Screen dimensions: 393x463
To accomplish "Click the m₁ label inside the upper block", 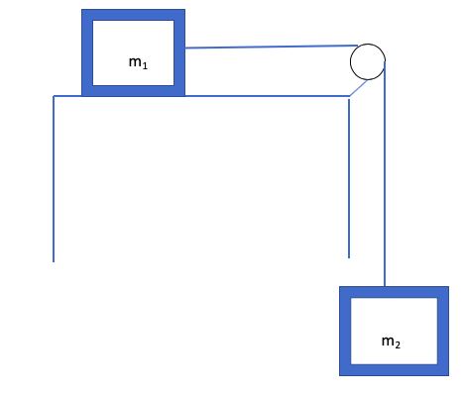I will [x=138, y=62].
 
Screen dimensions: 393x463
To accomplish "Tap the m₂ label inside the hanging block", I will [x=391, y=342].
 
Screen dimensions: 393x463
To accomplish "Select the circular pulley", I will [x=367, y=62].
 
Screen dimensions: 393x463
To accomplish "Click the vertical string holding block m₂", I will [x=385, y=178].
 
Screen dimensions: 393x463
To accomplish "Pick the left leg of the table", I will [x=54, y=178].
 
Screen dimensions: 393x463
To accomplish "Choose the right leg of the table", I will [x=349, y=178].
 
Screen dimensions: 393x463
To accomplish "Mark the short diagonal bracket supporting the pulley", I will [x=358, y=88].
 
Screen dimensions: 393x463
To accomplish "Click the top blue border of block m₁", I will [x=133, y=14].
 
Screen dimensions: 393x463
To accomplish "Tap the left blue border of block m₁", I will [x=86, y=52].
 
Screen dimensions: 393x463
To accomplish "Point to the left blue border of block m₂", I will [x=344, y=331].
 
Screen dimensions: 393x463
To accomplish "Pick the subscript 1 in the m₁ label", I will [x=145, y=65].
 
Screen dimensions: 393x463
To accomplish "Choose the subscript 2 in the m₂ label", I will [x=398, y=344].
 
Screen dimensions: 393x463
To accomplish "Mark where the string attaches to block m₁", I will [x=185, y=48].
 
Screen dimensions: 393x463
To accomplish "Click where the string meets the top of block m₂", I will [x=385, y=286].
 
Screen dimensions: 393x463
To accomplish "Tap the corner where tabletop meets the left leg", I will [x=54, y=96].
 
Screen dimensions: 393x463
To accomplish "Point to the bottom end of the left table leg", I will [x=54, y=261].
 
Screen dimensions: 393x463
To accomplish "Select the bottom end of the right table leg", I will [x=349, y=257].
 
